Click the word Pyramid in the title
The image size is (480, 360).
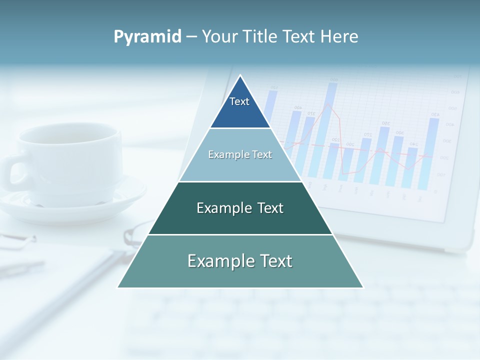click(x=147, y=37)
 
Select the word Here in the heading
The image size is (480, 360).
click(x=339, y=37)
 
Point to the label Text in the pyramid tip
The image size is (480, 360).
click(x=239, y=101)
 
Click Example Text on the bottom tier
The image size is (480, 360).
click(x=240, y=261)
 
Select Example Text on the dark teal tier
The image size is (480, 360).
click(x=240, y=208)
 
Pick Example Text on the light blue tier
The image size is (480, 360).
click(x=240, y=154)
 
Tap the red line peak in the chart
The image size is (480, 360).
click(x=328, y=104)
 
